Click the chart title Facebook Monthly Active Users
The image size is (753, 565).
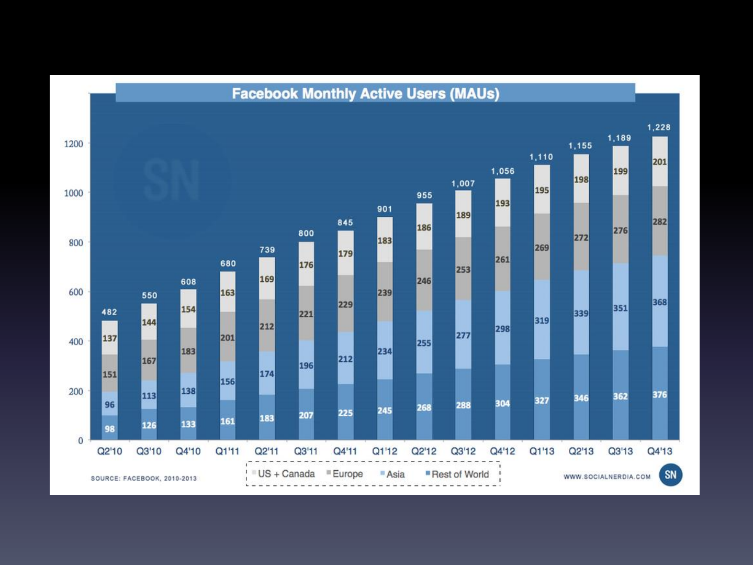coord(365,94)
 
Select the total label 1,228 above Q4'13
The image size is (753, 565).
coord(659,127)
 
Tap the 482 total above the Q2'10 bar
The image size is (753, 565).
coord(109,312)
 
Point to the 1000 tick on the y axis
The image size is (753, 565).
coord(73,193)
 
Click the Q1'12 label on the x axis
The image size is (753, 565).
coord(385,451)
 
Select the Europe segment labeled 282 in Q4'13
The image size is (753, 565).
coord(659,221)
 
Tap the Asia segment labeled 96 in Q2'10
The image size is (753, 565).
coord(109,404)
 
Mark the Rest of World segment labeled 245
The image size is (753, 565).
coord(385,410)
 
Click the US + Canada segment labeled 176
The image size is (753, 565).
coord(306,265)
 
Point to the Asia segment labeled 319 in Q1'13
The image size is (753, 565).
coord(542,320)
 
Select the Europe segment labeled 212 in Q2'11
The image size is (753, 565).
coord(267,326)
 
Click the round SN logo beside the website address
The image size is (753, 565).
coord(670,475)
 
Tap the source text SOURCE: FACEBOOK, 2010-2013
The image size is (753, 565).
coord(144,478)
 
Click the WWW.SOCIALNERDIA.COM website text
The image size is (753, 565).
coord(607,477)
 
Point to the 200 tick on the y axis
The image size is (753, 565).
coord(75,392)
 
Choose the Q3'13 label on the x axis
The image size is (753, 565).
coord(620,451)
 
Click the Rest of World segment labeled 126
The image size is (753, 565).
coord(149,425)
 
